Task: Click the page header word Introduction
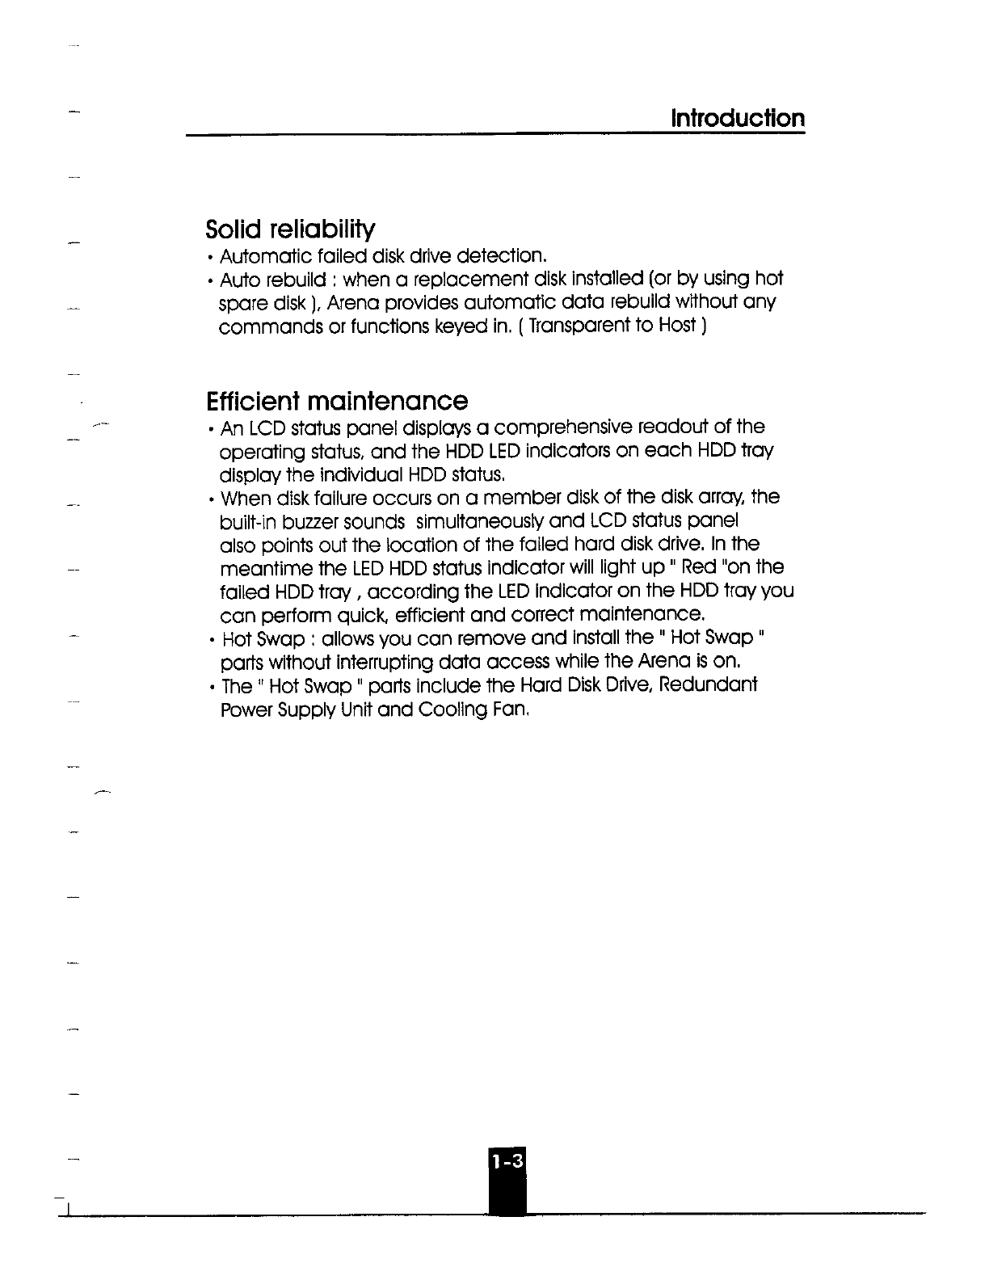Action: tap(738, 119)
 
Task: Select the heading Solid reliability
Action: tap(290, 229)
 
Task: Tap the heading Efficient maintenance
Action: tap(337, 401)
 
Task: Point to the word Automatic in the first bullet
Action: tap(263, 257)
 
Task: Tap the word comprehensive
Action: tap(562, 427)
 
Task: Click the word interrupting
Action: tap(379, 663)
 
